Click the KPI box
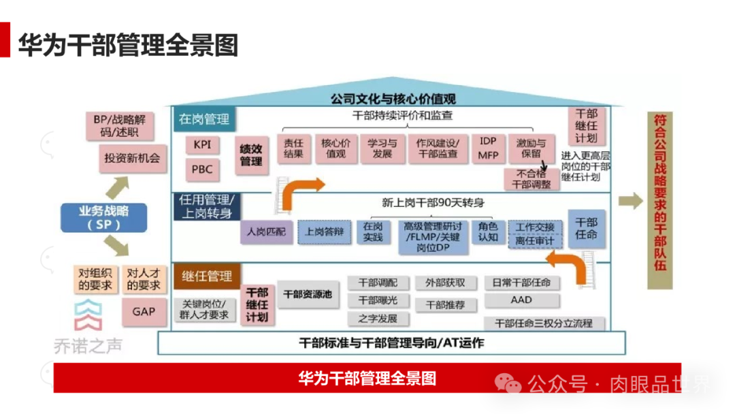pos(202,145)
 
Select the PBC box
pos(202,170)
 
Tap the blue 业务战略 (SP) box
pos(103,217)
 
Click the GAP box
pos(144,312)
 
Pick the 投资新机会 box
pos(132,159)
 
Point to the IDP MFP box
pos(488,148)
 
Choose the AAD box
pos(521,300)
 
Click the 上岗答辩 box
pos(324,232)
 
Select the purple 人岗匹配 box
pos(266,232)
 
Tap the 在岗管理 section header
pos(204,120)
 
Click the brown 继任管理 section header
pos(206,276)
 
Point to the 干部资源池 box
pos(308,294)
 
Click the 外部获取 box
pos(446,283)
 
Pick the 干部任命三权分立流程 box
pos(544,323)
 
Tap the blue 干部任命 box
pos(586,228)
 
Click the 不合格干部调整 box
pos(531,178)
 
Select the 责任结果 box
pos(294,148)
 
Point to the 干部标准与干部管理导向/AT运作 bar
pos(391,343)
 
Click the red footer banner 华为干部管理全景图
pos(367,378)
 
